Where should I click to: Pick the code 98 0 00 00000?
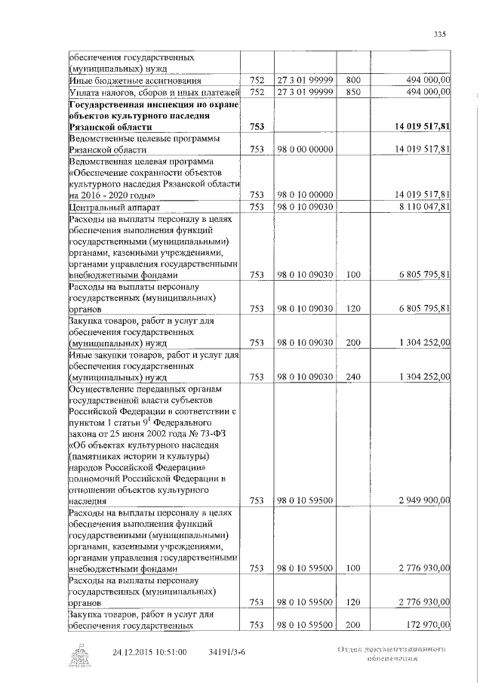(x=305, y=149)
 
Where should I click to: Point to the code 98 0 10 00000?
(x=305, y=194)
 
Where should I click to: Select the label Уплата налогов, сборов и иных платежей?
(x=154, y=92)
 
